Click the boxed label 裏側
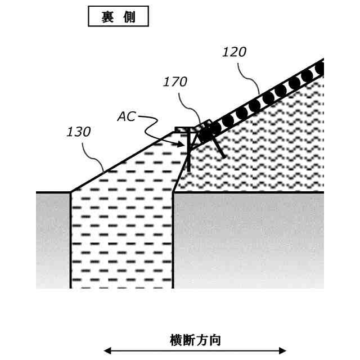point(118,16)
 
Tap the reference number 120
point(234,52)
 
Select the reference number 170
point(175,82)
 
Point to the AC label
point(127,116)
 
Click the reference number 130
point(78,132)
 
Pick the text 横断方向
point(195,340)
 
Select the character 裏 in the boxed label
point(107,16)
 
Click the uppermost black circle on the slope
point(320,69)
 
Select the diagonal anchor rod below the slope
point(220,146)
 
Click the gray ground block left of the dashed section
point(53,239)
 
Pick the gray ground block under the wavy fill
point(247,239)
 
